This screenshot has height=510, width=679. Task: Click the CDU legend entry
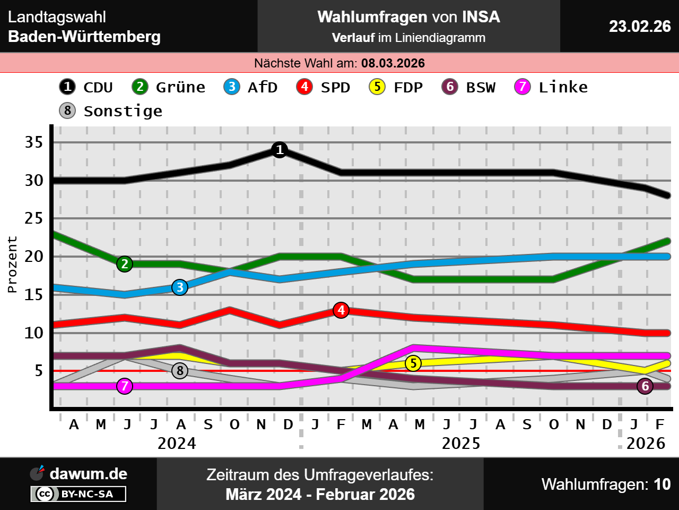click(x=86, y=87)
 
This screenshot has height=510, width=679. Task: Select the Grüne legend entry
click(x=169, y=87)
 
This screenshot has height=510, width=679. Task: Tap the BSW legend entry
click(x=468, y=87)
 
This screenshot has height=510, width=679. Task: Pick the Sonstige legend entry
click(x=111, y=111)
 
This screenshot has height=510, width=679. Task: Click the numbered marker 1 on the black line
click(x=280, y=150)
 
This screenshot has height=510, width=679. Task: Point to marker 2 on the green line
click(x=125, y=264)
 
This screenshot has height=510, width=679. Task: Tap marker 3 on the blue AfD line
click(x=180, y=287)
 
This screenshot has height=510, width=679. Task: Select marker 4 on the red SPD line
click(x=341, y=310)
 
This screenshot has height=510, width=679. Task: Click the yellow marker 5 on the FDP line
click(x=413, y=363)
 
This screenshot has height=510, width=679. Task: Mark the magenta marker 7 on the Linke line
click(x=125, y=386)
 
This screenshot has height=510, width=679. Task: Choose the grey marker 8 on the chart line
click(x=180, y=371)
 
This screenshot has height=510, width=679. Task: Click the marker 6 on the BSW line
click(x=645, y=386)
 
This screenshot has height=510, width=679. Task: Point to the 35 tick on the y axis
click(x=34, y=142)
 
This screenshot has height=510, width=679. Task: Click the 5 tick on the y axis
click(x=39, y=371)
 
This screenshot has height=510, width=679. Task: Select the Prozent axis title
click(x=12, y=265)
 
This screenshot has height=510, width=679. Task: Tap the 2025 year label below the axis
click(x=460, y=443)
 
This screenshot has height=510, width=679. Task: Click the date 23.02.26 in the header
click(x=640, y=26)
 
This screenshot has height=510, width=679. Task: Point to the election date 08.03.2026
click(x=393, y=63)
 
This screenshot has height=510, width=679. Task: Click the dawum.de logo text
click(x=88, y=474)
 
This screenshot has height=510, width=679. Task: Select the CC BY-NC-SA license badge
click(x=79, y=494)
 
